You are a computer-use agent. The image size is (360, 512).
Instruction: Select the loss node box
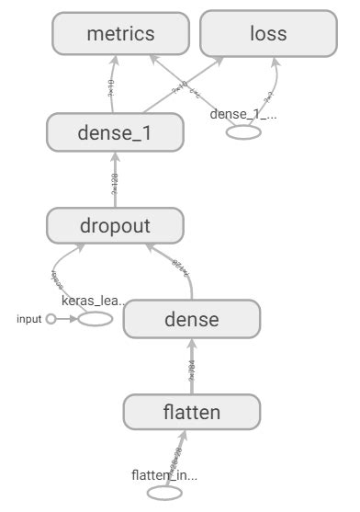coord(268,34)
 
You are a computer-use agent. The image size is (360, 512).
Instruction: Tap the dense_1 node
coord(116,134)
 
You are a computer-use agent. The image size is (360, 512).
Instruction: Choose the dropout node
coord(116,225)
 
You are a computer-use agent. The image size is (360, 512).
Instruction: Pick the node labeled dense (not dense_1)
coord(191,320)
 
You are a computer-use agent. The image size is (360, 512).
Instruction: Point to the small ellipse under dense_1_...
coord(244,132)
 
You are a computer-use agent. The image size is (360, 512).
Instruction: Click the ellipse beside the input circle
coord(96,319)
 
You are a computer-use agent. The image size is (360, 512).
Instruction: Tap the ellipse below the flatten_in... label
coord(164,493)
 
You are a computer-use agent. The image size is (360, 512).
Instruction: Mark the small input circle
coord(51,319)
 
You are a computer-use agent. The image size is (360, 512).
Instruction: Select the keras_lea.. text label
coord(92,301)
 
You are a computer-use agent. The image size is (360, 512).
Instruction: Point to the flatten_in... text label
coord(165,474)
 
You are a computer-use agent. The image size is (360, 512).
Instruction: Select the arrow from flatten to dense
coord(191,368)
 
